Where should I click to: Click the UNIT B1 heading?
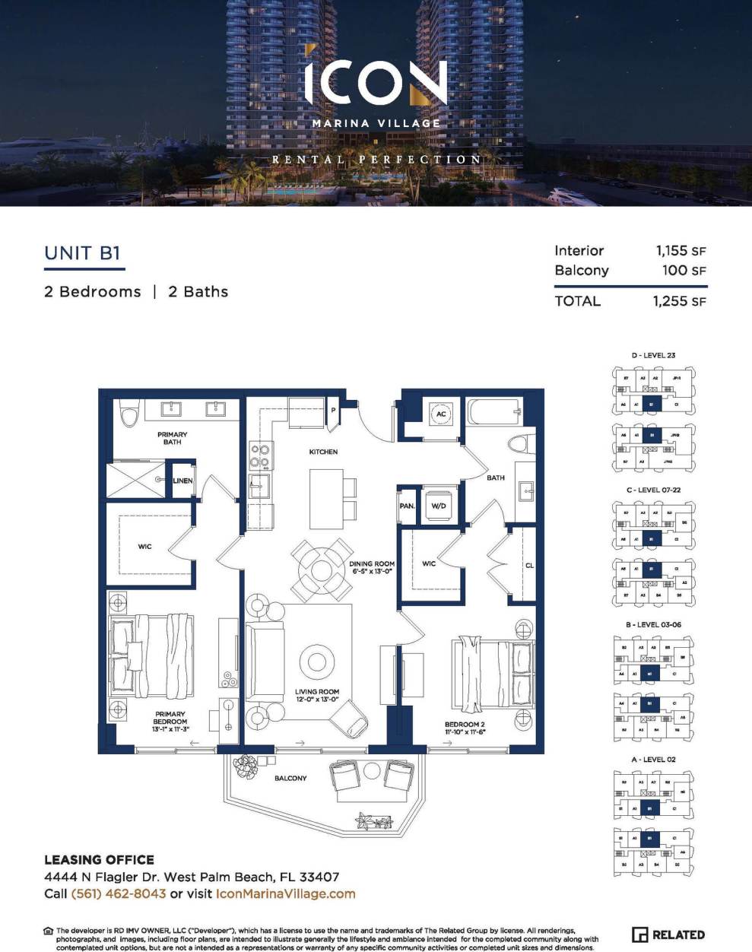82,253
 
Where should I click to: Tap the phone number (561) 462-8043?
118,894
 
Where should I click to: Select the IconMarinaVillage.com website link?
285,894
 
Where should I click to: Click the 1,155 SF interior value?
681,251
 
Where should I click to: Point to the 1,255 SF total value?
679,301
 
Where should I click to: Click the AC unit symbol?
441,414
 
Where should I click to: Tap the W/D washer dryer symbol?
439,506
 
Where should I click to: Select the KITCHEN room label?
323,452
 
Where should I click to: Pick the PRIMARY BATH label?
173,438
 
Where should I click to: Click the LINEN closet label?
182,481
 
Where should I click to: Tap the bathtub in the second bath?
493,414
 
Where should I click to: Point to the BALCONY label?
290,778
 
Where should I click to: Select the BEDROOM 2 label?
465,725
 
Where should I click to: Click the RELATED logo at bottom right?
668,935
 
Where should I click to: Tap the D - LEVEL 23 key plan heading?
652,355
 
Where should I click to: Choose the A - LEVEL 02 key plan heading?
652,760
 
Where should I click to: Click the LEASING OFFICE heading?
99,860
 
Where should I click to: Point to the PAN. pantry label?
407,506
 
